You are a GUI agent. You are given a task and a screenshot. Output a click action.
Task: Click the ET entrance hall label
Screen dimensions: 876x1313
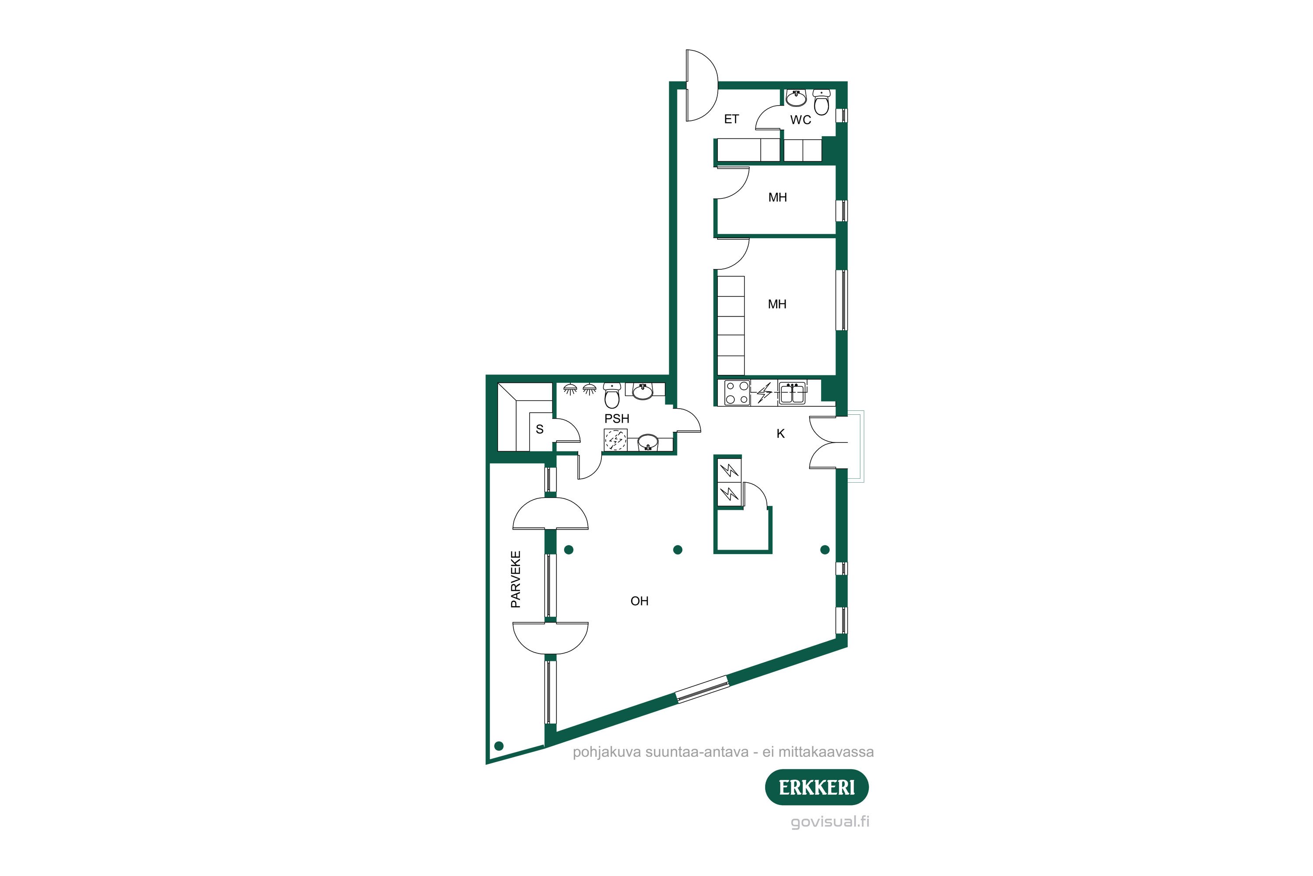click(x=731, y=119)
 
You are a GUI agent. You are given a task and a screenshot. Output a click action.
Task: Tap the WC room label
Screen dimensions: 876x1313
click(x=800, y=120)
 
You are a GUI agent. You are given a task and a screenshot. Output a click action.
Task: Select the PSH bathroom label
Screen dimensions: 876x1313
click(x=616, y=418)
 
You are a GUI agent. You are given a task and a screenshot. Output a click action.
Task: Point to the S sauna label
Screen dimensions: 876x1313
click(x=539, y=429)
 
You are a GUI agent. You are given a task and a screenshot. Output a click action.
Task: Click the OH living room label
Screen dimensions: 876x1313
click(x=639, y=601)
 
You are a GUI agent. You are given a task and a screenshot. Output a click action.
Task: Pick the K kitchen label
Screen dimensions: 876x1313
click(x=780, y=434)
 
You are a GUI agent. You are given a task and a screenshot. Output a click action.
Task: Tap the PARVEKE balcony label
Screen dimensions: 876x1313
click(x=516, y=579)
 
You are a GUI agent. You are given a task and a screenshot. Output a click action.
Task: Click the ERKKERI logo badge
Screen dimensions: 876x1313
click(x=816, y=787)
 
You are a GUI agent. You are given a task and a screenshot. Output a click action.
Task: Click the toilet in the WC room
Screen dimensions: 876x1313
click(x=821, y=102)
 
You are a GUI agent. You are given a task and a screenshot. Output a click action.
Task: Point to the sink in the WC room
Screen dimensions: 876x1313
click(x=796, y=98)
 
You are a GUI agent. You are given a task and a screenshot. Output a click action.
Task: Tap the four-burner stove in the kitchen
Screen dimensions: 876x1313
click(x=737, y=392)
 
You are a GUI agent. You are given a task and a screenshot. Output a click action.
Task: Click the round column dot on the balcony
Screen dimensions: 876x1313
click(x=499, y=746)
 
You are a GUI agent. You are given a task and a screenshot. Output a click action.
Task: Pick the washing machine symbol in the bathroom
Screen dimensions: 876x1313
click(x=616, y=440)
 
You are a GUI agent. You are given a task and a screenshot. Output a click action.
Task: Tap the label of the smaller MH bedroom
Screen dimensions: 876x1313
click(x=778, y=197)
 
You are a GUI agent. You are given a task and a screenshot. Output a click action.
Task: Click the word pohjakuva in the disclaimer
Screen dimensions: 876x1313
click(x=606, y=752)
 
